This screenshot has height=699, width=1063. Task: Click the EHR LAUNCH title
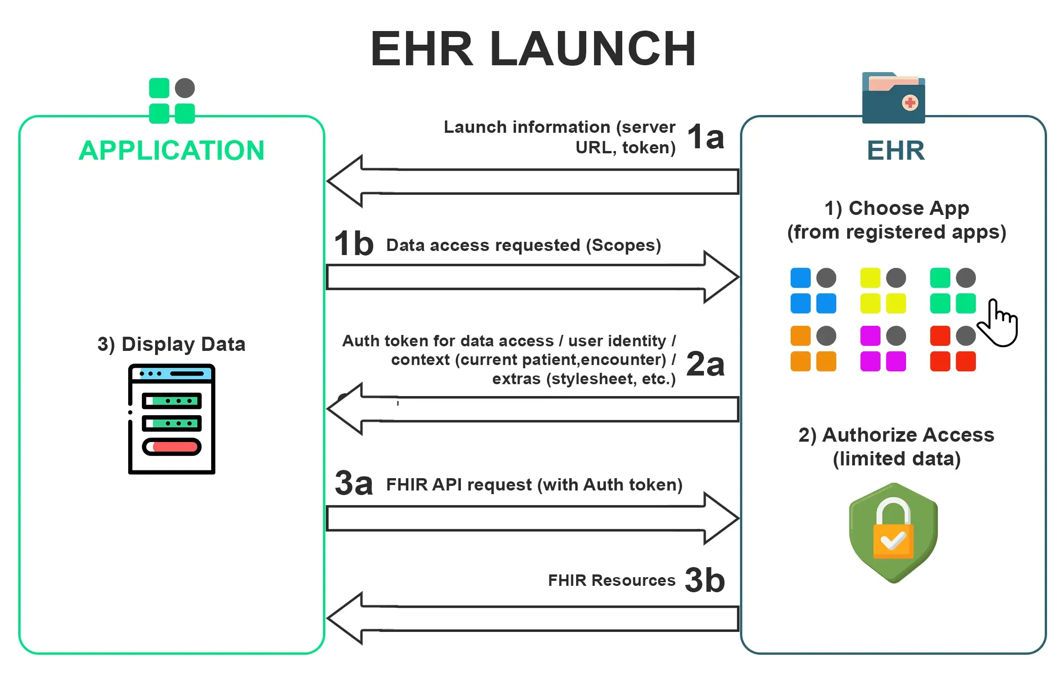point(533,49)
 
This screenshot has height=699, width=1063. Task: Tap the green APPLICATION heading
point(172,151)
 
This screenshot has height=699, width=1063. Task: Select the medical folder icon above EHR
point(893,98)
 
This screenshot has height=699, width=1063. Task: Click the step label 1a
point(705,137)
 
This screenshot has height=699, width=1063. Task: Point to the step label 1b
point(354,244)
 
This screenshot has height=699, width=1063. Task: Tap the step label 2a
point(705,364)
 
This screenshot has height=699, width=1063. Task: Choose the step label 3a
point(354,483)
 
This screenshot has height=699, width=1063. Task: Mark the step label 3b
point(705,580)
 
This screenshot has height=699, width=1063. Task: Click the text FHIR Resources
point(611,580)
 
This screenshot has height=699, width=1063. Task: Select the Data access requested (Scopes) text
point(523,245)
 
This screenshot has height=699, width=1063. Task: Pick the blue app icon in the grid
point(813,291)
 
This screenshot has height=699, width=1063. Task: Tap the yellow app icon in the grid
point(883,291)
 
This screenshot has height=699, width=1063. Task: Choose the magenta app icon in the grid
point(883,349)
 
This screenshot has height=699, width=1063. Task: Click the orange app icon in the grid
point(813,349)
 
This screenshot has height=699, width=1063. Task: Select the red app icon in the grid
point(953,349)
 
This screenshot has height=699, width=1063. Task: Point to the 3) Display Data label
point(172,344)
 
